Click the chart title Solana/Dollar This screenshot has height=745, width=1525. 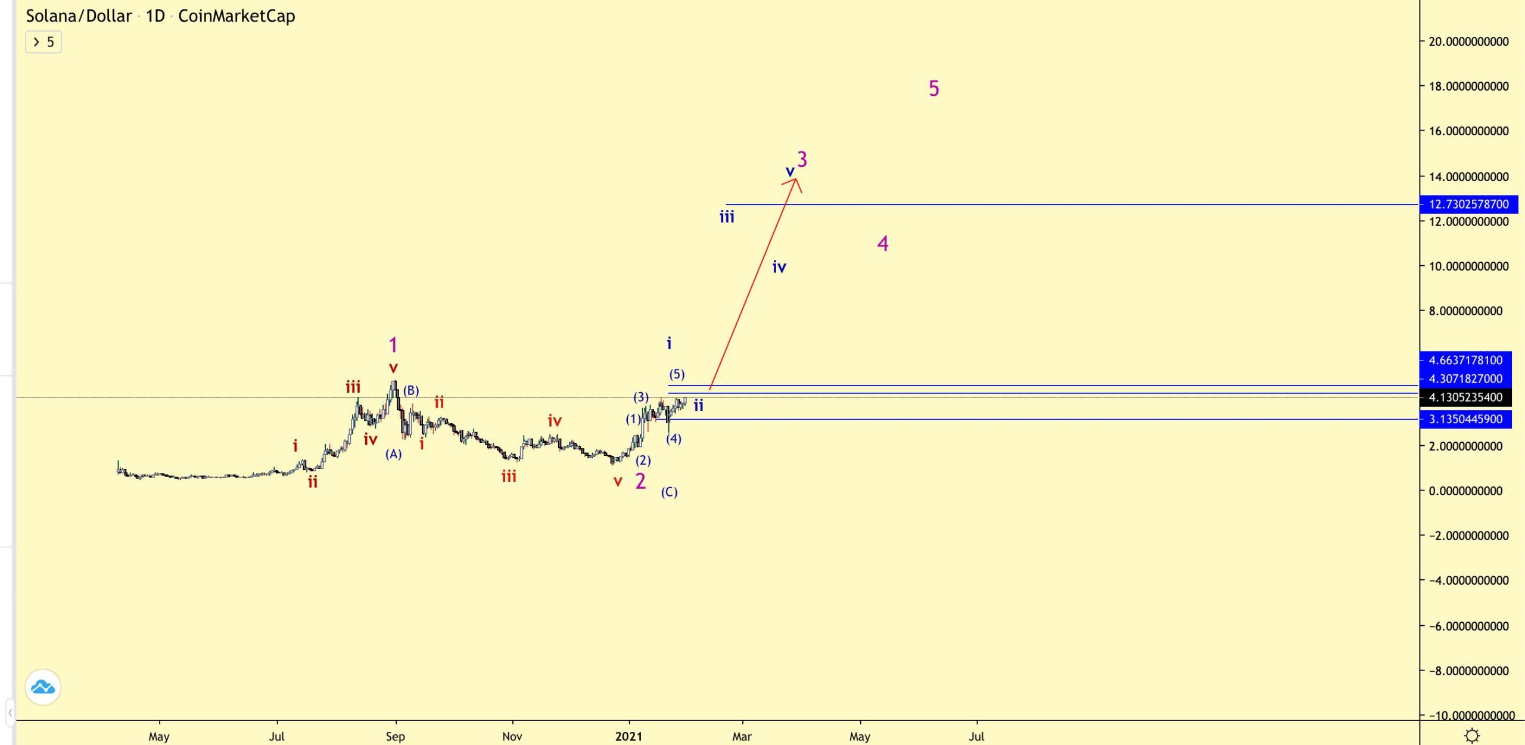coord(79,16)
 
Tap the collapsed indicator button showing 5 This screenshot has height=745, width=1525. coord(43,42)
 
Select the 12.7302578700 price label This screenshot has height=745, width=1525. coord(1468,204)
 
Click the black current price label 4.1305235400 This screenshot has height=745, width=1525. coord(1465,398)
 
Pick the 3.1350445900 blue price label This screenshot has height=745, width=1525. coord(1465,420)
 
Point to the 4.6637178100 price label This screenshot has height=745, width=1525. coord(1465,360)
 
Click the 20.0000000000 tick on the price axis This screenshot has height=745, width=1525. coord(1468,42)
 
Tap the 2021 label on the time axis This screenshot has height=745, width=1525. coord(629,737)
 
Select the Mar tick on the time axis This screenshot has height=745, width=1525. coord(742,737)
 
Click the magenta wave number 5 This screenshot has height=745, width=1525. coord(934,89)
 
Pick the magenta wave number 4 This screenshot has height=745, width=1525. coord(883,243)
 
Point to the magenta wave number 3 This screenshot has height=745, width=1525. coord(802,159)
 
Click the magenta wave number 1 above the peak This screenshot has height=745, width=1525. coord(393,344)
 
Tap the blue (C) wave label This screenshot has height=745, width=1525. coord(669,492)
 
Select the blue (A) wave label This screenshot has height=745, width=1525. coord(393,454)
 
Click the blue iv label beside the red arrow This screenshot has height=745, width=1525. coord(779,267)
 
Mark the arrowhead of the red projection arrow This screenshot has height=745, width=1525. coord(796,180)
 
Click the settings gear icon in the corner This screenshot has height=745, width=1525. coord(1472,736)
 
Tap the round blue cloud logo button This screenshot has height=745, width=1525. coord(43,687)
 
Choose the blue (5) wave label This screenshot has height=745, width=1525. coord(677,374)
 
